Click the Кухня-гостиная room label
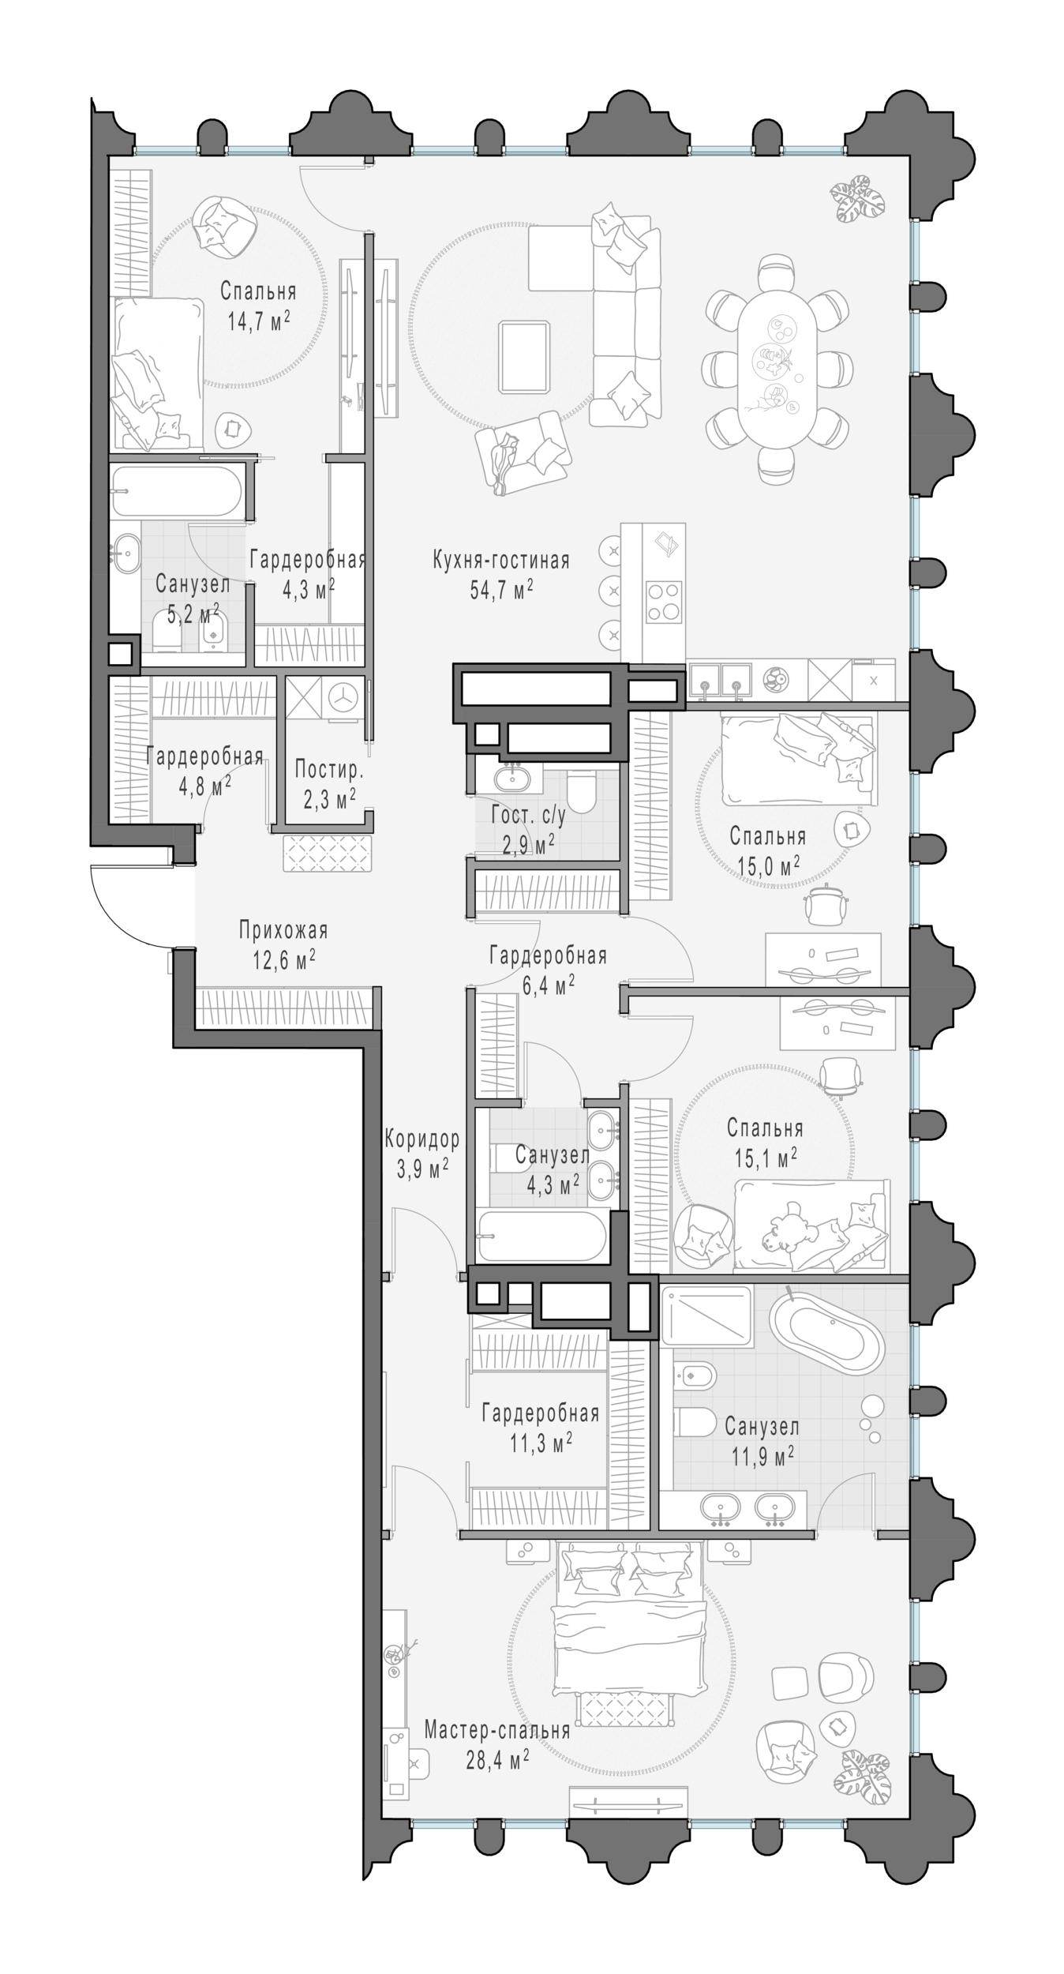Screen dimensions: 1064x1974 click(x=500, y=561)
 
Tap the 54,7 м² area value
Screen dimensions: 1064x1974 click(x=501, y=590)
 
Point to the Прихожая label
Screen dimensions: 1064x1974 click(x=283, y=931)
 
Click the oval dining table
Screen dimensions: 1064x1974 click(x=777, y=368)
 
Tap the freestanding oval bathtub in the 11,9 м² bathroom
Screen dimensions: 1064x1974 click(x=826, y=1337)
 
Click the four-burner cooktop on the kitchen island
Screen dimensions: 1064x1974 click(x=664, y=601)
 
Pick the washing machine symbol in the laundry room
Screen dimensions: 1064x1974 click(x=343, y=699)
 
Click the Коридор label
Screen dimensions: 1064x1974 click(x=421, y=1139)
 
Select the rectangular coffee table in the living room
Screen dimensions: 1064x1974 click(x=524, y=356)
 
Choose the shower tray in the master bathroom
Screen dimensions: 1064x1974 click(x=706, y=1315)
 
